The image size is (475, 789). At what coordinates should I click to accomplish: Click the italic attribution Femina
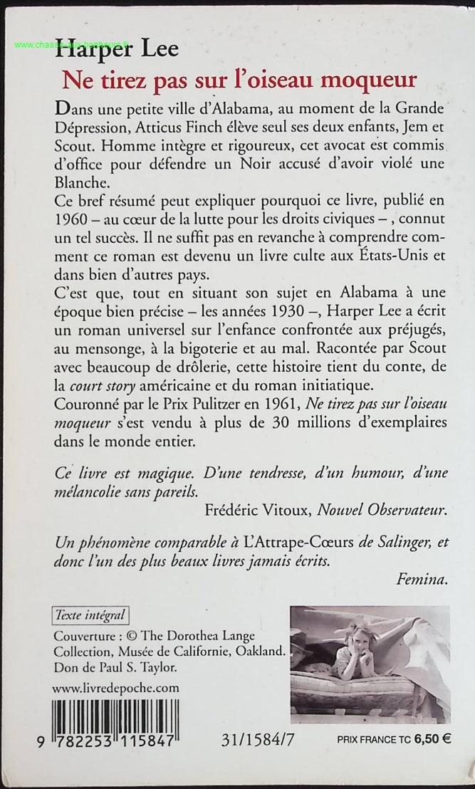tap(424, 580)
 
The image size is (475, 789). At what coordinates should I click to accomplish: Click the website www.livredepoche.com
tap(117, 688)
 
